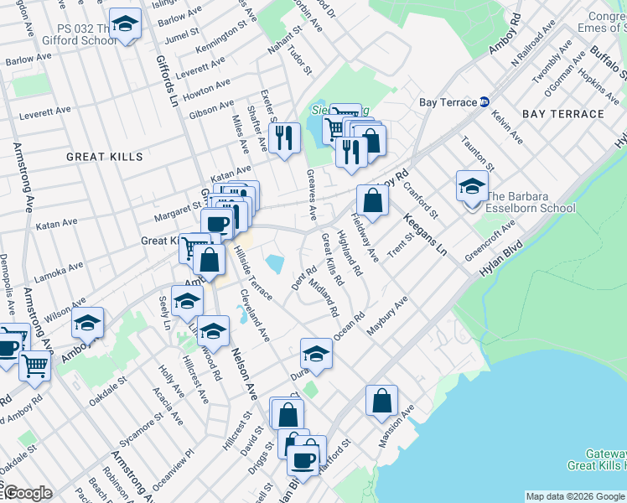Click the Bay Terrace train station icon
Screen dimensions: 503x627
point(484,102)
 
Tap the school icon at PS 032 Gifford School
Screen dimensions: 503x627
point(125,25)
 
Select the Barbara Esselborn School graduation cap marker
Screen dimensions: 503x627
point(471,186)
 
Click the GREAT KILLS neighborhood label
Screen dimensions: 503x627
point(105,157)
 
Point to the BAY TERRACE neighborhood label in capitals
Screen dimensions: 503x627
point(557,112)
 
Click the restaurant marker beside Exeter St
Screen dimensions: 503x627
point(286,137)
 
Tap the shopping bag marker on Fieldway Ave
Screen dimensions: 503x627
point(372,200)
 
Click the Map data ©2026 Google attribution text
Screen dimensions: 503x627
point(575,496)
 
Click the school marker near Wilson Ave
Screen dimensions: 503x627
point(87,321)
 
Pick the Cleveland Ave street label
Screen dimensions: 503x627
point(254,317)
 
